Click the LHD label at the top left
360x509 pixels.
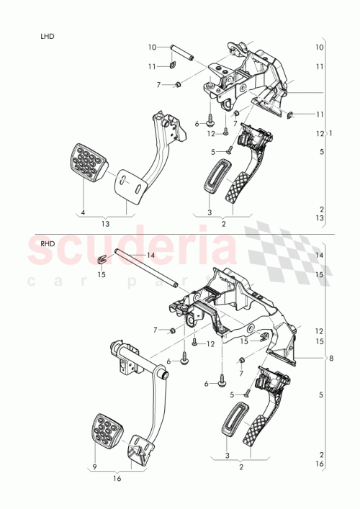[49, 35]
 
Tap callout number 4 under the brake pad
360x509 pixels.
[83, 213]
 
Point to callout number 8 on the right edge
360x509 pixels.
[331, 358]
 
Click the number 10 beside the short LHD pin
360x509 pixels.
[153, 48]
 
